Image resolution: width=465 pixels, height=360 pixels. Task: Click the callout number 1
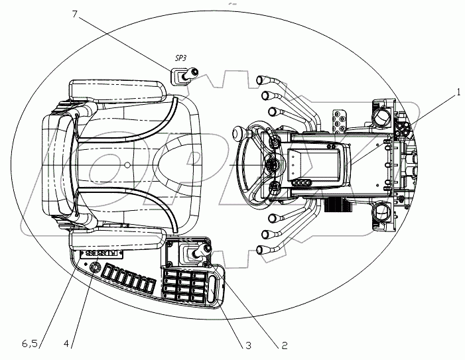457,95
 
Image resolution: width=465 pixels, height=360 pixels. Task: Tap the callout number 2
284,345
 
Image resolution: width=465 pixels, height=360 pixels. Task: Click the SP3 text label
181,58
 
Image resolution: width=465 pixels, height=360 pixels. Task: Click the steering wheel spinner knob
236,134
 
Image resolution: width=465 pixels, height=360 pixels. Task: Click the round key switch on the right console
94,268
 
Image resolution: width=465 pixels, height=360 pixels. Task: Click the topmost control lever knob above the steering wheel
261,79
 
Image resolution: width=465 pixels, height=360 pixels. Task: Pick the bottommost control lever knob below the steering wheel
261,251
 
